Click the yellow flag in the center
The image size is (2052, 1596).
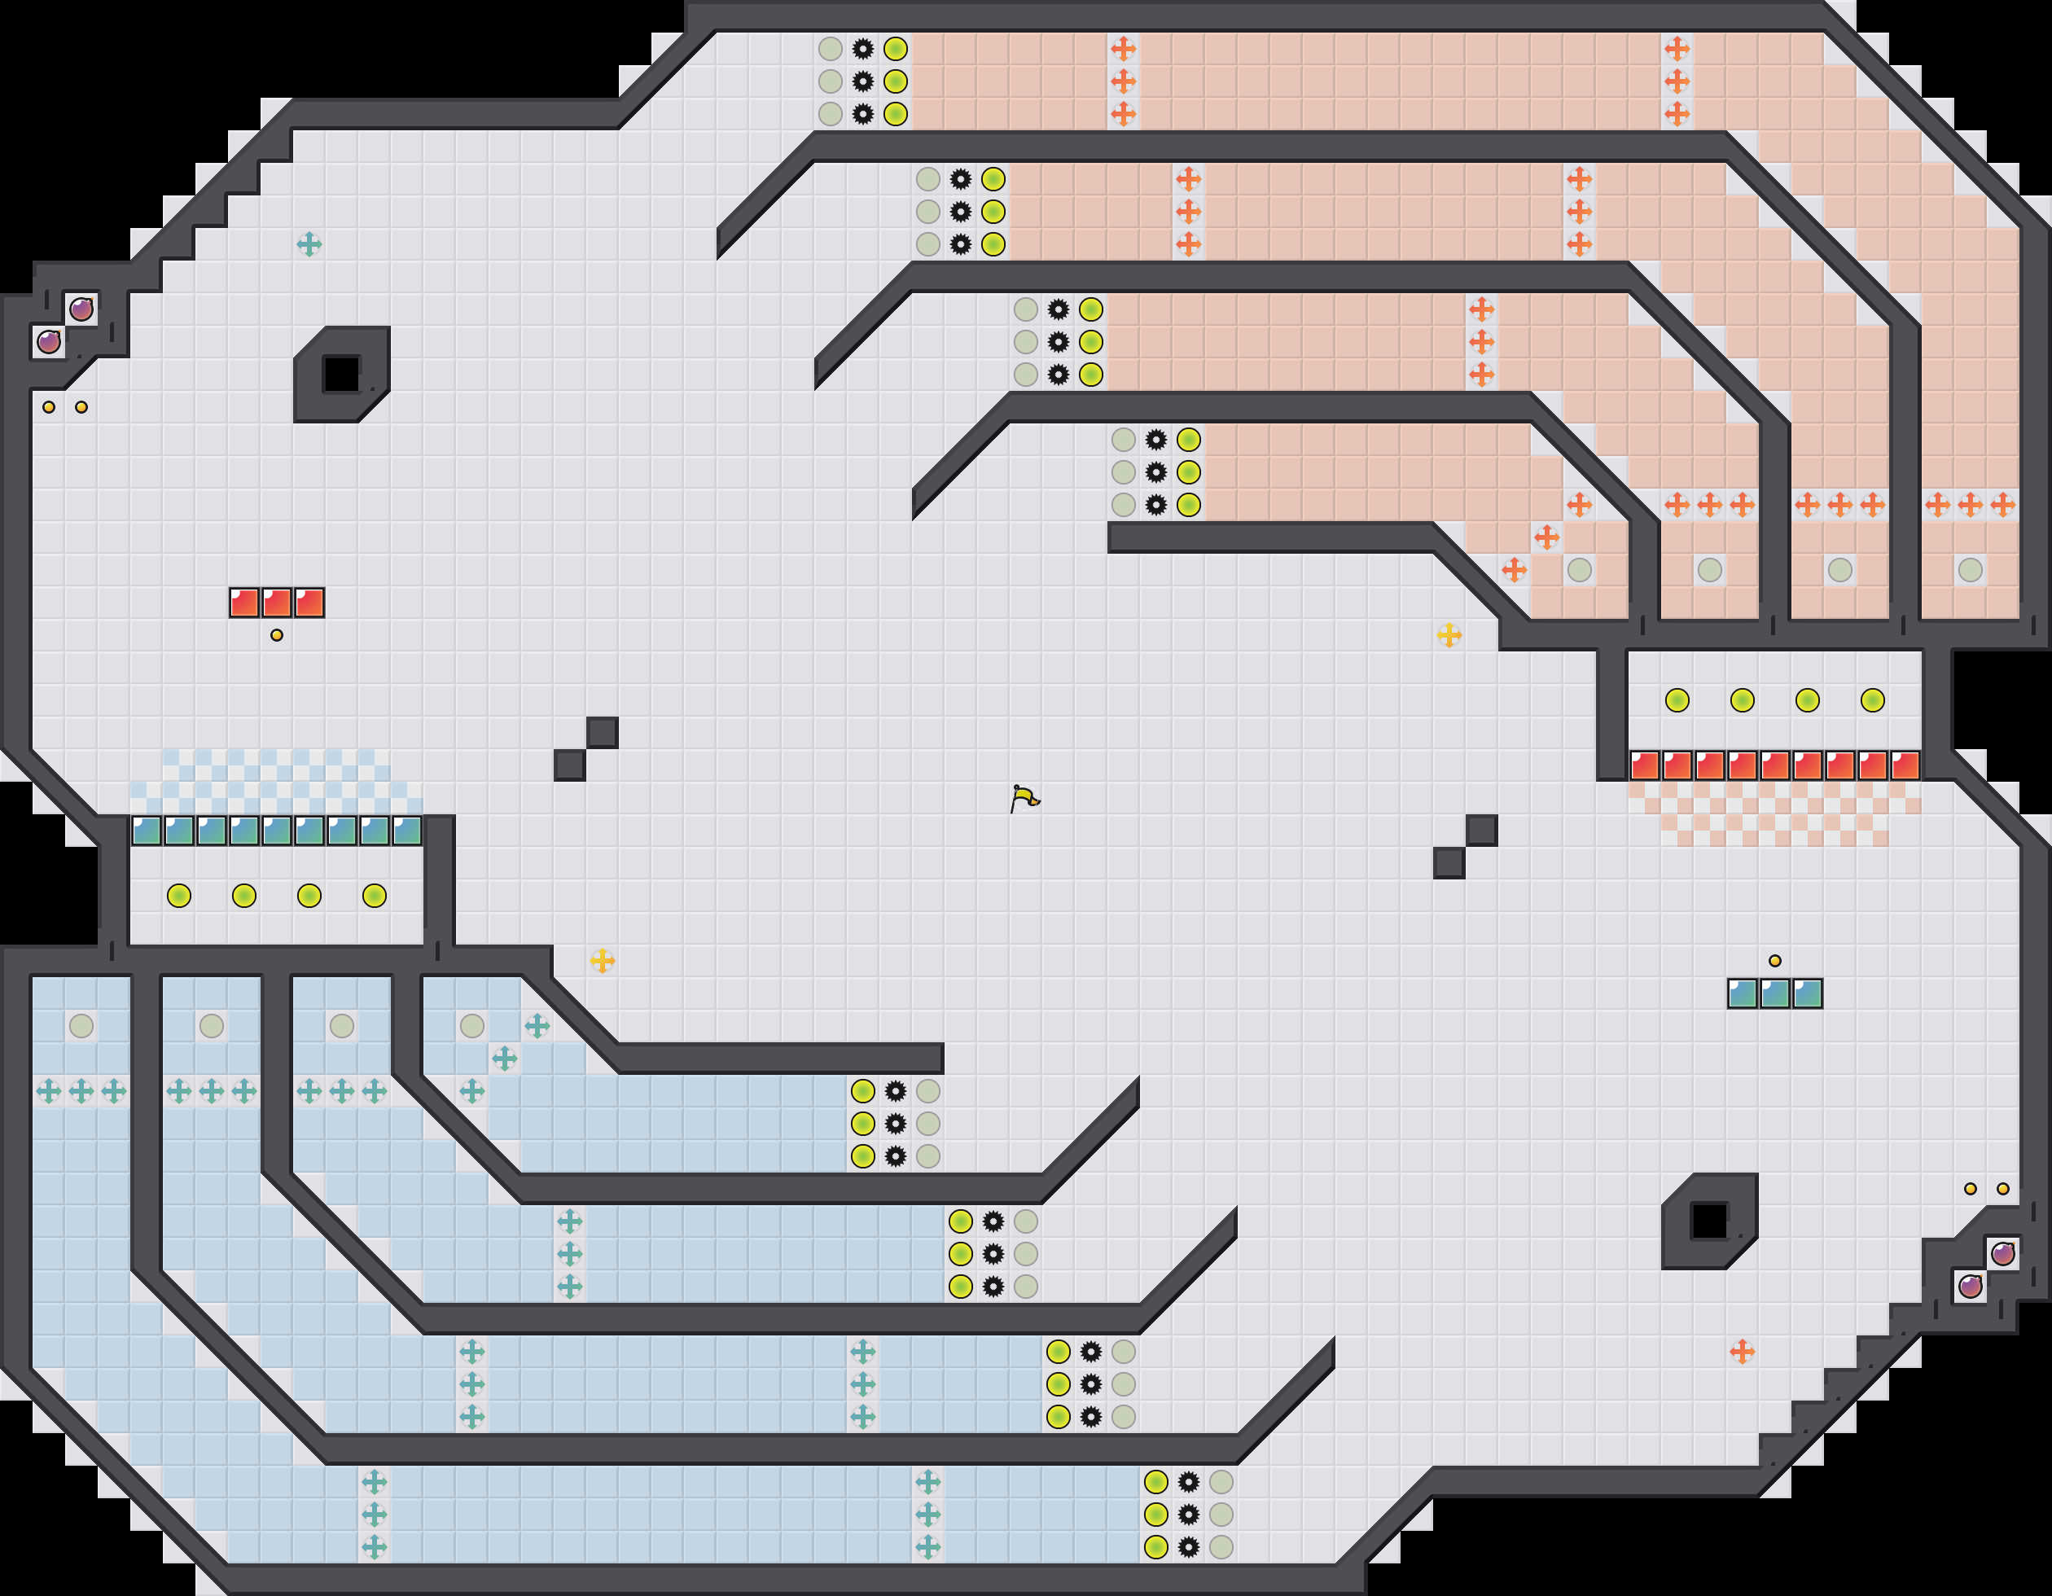click(1024, 799)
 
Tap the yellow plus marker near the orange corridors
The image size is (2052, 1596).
click(1449, 635)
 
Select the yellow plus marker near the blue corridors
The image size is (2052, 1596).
click(603, 960)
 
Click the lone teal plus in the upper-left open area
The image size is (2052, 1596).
click(309, 244)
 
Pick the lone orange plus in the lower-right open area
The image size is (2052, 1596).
click(1742, 1352)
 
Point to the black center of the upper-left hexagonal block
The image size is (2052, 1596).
click(341, 374)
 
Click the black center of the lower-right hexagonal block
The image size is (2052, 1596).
click(1709, 1221)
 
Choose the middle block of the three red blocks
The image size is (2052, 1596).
click(276, 602)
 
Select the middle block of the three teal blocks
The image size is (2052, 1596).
click(1775, 993)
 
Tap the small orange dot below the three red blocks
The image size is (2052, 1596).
click(276, 635)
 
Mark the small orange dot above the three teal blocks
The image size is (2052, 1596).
click(1775, 960)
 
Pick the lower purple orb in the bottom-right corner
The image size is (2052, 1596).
click(1971, 1285)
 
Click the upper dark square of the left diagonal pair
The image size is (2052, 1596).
click(603, 733)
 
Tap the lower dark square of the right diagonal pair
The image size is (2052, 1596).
click(1449, 863)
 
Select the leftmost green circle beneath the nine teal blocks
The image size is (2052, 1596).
click(178, 895)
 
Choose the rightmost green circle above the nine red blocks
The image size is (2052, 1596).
click(1873, 699)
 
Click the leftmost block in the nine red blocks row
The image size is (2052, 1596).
click(1644, 765)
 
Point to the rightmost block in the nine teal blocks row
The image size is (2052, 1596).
click(407, 831)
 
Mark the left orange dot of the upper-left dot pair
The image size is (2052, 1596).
click(49, 407)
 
